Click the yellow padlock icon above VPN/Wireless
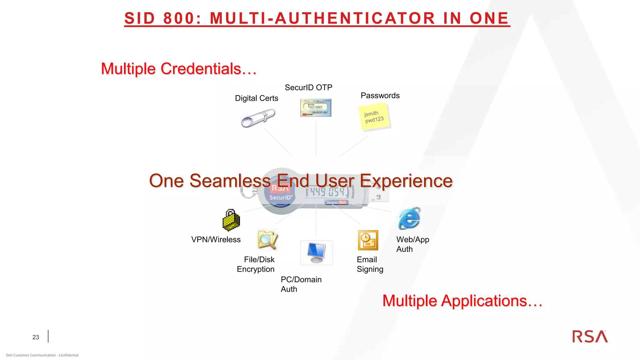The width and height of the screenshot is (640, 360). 231,220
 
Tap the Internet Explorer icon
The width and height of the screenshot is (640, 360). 409,218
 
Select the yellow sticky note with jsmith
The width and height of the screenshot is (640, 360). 374,117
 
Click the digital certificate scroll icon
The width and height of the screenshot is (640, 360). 258,118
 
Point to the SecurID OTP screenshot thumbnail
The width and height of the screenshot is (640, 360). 316,107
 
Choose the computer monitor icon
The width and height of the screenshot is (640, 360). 316,252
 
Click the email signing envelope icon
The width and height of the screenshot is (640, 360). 368,240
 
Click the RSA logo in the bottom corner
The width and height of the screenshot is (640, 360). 590,337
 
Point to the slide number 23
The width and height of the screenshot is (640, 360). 36,337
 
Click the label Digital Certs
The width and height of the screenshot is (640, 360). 256,98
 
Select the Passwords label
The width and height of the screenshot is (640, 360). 380,96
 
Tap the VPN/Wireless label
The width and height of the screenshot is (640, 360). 216,240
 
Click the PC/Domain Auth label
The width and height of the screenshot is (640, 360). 301,284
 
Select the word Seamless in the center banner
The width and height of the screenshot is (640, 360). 230,181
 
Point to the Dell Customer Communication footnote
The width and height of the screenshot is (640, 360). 42,355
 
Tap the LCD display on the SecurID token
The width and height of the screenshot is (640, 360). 328,192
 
